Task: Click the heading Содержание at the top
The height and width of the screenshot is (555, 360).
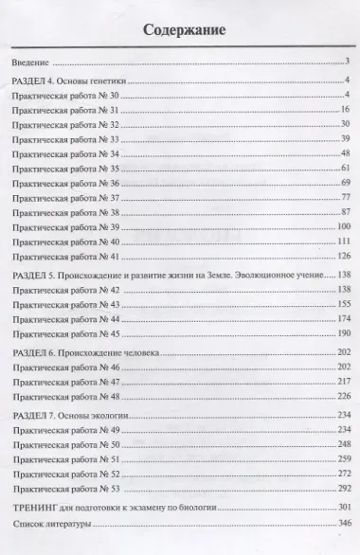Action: [184, 29]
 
